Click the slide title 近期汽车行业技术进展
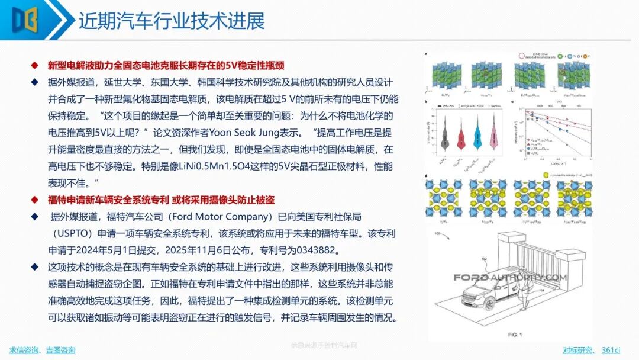(x=172, y=21)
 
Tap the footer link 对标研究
(x=577, y=350)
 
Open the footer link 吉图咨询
(x=60, y=350)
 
